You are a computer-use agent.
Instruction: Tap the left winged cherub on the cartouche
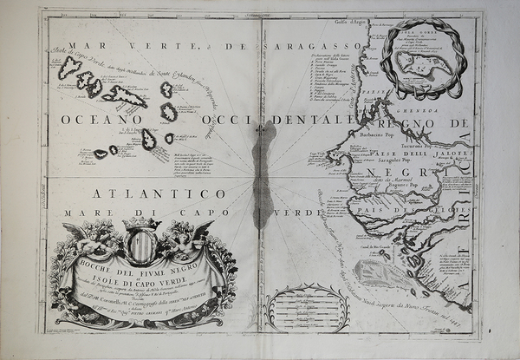tap(94, 236)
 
